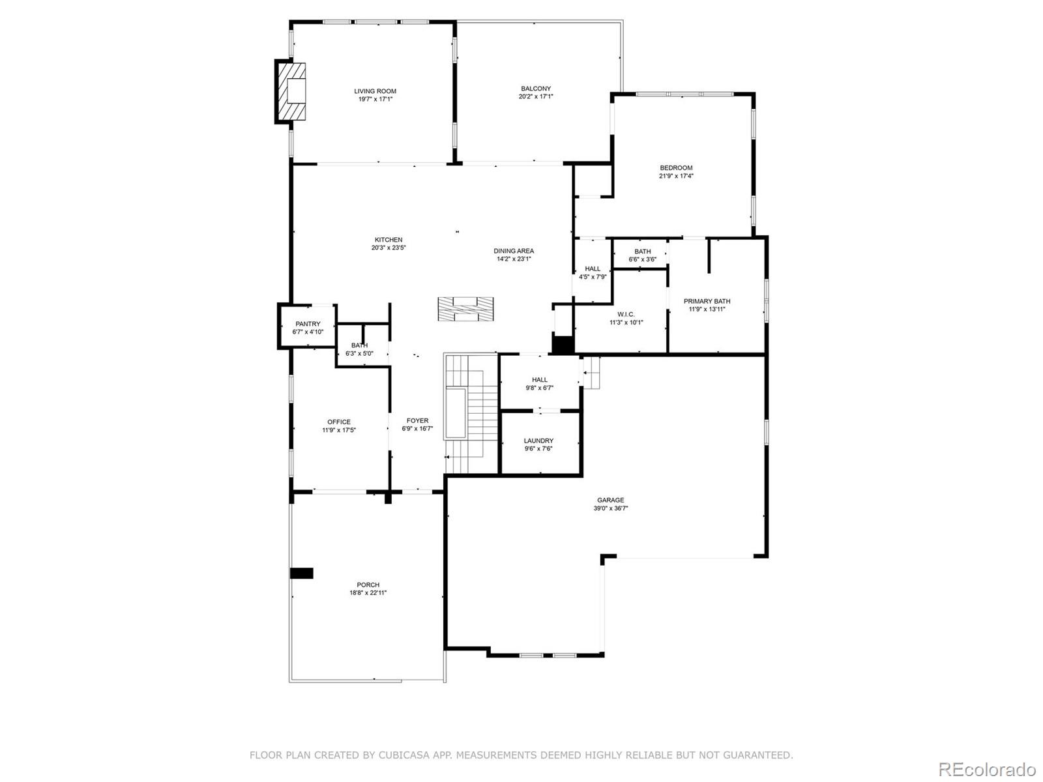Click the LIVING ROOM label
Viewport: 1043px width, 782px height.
[375, 91]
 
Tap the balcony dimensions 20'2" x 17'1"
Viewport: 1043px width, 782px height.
[536, 97]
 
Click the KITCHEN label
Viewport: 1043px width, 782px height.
[388, 240]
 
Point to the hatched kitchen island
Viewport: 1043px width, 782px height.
[465, 309]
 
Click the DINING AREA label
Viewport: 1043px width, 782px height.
[514, 251]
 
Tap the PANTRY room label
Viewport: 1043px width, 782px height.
[308, 324]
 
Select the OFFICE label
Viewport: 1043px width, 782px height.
[338, 422]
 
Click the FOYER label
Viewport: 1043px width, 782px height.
[417, 421]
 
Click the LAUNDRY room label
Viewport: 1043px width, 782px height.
[538, 441]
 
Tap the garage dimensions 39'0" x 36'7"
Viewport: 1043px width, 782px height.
[610, 508]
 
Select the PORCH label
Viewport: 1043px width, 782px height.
[368, 585]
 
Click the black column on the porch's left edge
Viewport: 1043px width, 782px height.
[301, 573]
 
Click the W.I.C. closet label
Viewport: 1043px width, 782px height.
[626, 314]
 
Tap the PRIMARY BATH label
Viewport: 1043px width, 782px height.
[707, 301]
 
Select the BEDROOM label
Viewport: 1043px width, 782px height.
[676, 168]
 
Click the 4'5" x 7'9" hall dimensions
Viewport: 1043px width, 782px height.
[593, 277]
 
